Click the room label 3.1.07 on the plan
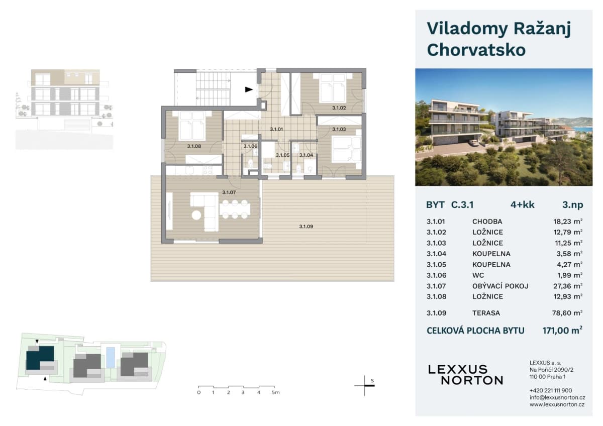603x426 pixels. pyautogui.click(x=229, y=192)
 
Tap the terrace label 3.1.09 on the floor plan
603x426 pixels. pyautogui.click(x=306, y=227)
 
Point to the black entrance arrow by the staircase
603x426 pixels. pyautogui.click(x=249, y=89)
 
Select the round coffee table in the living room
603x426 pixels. pyautogui.click(x=196, y=216)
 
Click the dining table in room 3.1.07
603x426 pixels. pyautogui.click(x=235, y=209)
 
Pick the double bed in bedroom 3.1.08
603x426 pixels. pyautogui.click(x=192, y=126)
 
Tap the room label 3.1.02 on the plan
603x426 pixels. pyautogui.click(x=339, y=108)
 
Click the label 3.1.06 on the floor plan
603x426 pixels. pyautogui.click(x=250, y=146)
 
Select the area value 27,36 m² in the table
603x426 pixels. pyautogui.click(x=568, y=286)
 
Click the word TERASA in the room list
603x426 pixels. pyautogui.click(x=486, y=313)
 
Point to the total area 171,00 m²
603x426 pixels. pyautogui.click(x=562, y=330)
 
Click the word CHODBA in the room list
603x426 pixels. pyautogui.click(x=487, y=222)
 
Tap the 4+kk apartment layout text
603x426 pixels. pyautogui.click(x=523, y=205)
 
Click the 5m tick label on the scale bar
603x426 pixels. pyautogui.click(x=276, y=392)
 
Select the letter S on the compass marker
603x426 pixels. pyautogui.click(x=372, y=381)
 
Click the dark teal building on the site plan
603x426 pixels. pyautogui.click(x=40, y=358)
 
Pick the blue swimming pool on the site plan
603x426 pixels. pyautogui.click(x=111, y=358)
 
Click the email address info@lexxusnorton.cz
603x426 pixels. pyautogui.click(x=557, y=397)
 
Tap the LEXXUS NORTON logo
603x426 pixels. pyautogui.click(x=465, y=375)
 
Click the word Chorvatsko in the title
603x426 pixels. pyautogui.click(x=476, y=50)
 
